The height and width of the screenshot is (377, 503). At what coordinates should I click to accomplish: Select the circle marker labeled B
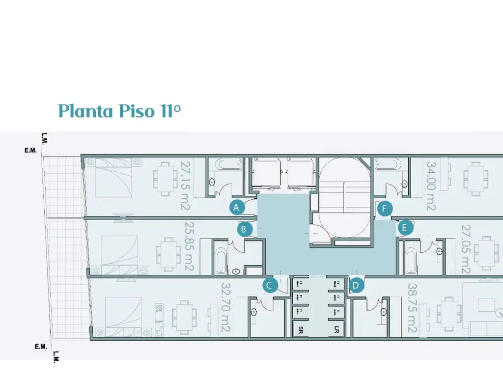[x=244, y=229]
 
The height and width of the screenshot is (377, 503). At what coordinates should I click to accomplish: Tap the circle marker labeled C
[x=270, y=285]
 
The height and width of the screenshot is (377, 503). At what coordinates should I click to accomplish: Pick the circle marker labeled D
[x=357, y=285]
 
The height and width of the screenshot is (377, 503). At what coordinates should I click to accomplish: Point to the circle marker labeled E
[x=405, y=228]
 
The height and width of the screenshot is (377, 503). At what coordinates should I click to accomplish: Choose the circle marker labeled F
[x=385, y=209]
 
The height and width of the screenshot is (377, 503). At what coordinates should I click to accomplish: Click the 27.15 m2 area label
[x=185, y=186]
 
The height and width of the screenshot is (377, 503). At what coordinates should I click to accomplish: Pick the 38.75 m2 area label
[x=412, y=309]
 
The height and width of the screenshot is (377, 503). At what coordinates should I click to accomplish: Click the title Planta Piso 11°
[x=119, y=111]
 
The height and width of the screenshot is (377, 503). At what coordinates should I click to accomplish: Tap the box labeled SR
[x=298, y=329]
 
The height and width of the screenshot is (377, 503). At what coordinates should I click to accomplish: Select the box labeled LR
[x=337, y=329]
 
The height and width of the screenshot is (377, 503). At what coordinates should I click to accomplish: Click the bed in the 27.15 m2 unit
[x=110, y=180]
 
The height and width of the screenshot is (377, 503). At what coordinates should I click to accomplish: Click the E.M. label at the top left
[x=30, y=151]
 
